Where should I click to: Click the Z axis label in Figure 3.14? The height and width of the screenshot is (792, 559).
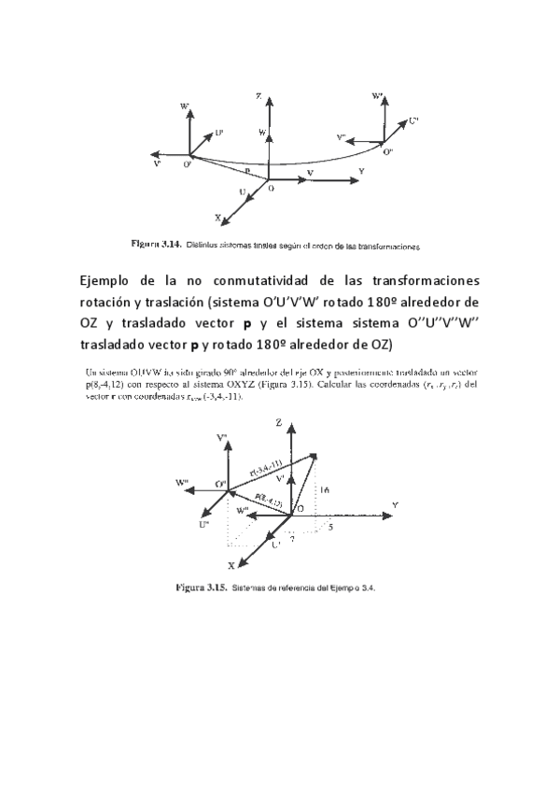click(269, 96)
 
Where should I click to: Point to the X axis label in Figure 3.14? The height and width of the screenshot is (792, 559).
click(219, 219)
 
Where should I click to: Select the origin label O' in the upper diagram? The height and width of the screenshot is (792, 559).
click(188, 165)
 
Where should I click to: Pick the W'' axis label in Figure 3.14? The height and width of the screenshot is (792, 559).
click(378, 96)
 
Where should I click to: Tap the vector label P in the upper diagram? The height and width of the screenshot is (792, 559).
click(246, 173)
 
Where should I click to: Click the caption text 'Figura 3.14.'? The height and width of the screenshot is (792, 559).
click(155, 245)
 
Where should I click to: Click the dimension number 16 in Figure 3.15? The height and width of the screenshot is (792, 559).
click(324, 489)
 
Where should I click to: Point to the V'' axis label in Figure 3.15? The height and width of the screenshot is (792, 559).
click(222, 438)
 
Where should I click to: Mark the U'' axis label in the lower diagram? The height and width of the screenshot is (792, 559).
click(203, 526)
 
